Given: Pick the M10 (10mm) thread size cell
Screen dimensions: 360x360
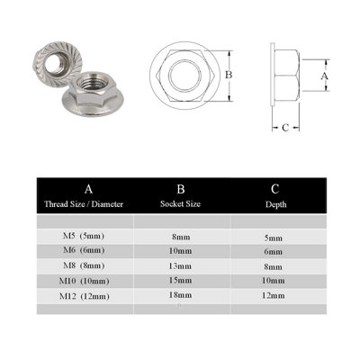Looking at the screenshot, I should coord(87,280).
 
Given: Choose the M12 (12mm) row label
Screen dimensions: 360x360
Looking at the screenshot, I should coord(87,294).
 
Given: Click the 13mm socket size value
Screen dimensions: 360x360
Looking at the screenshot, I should coord(181,265).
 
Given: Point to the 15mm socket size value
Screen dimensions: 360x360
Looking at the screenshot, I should coord(181,280).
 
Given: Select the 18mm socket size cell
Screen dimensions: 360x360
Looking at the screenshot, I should coord(181,294).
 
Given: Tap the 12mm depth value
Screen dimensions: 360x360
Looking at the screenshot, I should coord(274,295).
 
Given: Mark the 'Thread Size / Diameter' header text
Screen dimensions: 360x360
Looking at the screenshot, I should coord(87,205).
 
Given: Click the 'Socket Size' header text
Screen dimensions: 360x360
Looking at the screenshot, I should coord(180,205).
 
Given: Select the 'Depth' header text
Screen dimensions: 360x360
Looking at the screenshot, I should coord(274,205).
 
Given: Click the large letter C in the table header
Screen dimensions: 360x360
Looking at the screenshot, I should coord(274,189).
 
